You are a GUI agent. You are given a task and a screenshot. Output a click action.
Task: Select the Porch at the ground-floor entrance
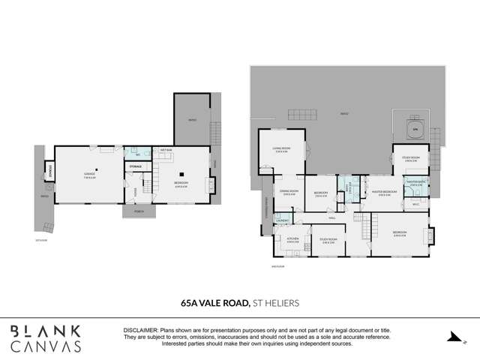click(136, 211)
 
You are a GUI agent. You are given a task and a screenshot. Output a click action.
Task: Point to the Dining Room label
click(289, 192)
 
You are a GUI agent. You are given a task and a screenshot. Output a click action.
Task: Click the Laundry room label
click(282, 220)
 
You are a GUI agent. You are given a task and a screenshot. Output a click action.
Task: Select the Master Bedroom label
click(382, 193)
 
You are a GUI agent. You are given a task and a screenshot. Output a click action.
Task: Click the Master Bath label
click(416, 182)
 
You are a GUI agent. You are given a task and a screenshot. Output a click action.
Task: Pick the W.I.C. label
click(415, 202)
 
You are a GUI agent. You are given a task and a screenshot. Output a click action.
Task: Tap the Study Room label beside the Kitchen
click(328, 241)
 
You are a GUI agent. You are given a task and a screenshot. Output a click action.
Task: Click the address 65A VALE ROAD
click(215, 303)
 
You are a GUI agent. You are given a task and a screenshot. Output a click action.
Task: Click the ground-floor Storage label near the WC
click(136, 165)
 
